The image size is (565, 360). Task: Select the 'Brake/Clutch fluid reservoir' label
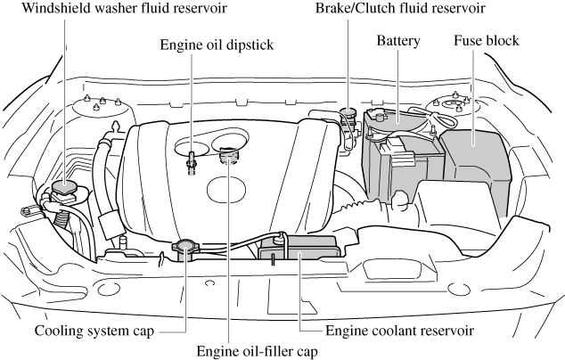[x=400, y=10]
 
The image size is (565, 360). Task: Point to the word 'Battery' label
[x=398, y=41]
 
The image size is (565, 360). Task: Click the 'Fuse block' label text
[x=487, y=41]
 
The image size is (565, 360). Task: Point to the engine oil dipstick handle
[x=191, y=164]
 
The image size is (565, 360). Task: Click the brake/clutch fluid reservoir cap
[x=348, y=115]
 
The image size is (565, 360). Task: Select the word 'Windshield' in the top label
[x=42, y=10]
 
